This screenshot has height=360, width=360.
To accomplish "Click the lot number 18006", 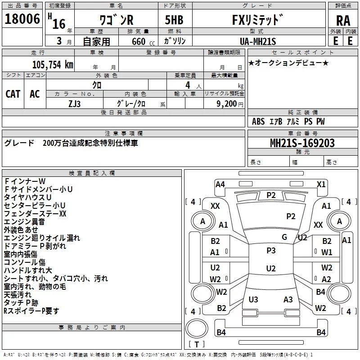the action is tap(22, 19).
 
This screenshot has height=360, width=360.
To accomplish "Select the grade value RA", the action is tap(343, 21).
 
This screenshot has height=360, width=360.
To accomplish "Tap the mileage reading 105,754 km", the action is tap(53, 65).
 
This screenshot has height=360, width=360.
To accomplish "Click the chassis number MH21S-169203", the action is tap(302, 143).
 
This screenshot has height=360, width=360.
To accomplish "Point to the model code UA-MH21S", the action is tap(258, 41).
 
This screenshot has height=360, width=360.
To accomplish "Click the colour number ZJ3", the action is tap(74, 104).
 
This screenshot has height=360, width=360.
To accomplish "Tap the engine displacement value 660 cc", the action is tap(143, 41).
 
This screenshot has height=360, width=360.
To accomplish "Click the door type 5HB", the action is tap(174, 20).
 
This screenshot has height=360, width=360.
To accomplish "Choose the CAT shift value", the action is tap(13, 94).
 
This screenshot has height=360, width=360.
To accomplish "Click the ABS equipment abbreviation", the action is tap(258, 121).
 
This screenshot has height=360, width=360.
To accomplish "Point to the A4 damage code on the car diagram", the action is tap(220, 184).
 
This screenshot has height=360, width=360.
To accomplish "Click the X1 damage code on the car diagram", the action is tap(321, 184).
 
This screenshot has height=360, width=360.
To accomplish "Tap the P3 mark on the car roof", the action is tap(271, 251).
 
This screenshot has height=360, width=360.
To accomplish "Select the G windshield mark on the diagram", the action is tap(284, 237).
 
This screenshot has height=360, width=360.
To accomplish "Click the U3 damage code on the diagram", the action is tap(253, 299).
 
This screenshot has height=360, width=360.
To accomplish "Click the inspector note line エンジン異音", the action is tap(24, 222).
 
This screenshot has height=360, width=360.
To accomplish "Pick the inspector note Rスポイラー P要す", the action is tap(31, 311).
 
